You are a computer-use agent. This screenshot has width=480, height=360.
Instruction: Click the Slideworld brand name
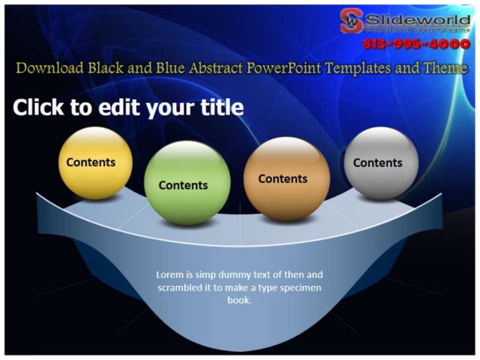[417, 20]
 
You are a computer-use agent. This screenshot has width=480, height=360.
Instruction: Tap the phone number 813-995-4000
[416, 45]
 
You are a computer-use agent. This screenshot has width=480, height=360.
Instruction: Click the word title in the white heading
[222, 108]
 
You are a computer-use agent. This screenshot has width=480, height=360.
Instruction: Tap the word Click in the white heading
[38, 108]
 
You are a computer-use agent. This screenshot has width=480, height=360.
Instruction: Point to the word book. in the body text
[240, 300]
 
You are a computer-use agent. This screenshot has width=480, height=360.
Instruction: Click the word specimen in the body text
[300, 288]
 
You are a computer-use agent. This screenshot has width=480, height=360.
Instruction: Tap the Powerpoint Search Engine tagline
[417, 30]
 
